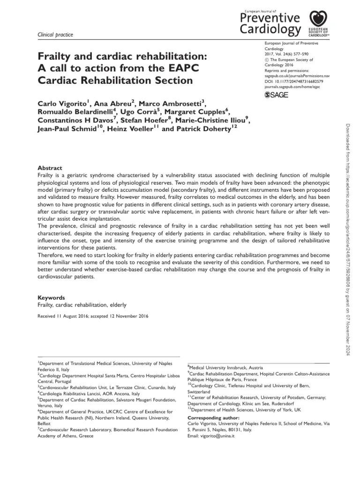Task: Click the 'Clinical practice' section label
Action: coord(55,35)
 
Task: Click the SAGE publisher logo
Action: coord(276,95)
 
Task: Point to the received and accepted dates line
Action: coord(93,316)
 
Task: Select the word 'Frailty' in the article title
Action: coord(57,56)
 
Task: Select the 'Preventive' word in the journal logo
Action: coord(270,18)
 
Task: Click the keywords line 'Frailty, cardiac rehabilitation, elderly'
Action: coord(82,305)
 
